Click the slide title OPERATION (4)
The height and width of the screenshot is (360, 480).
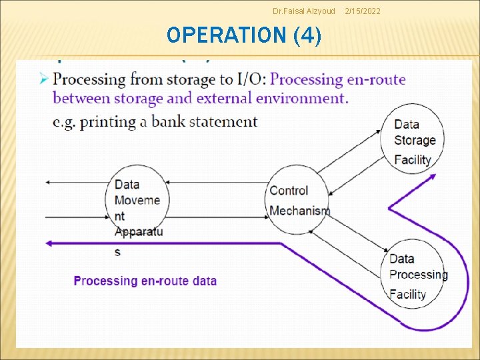244,35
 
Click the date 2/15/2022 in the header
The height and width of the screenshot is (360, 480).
363,11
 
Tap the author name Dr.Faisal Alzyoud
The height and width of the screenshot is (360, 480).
304,11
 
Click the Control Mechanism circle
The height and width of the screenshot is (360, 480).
298,200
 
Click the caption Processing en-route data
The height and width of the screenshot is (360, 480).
145,281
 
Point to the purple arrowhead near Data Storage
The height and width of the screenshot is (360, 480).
431,177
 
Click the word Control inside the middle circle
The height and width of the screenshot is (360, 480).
289,191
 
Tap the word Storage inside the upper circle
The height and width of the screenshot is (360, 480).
415,140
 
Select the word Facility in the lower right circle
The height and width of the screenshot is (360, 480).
407,294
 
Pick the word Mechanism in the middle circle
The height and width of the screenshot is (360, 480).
299,211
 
